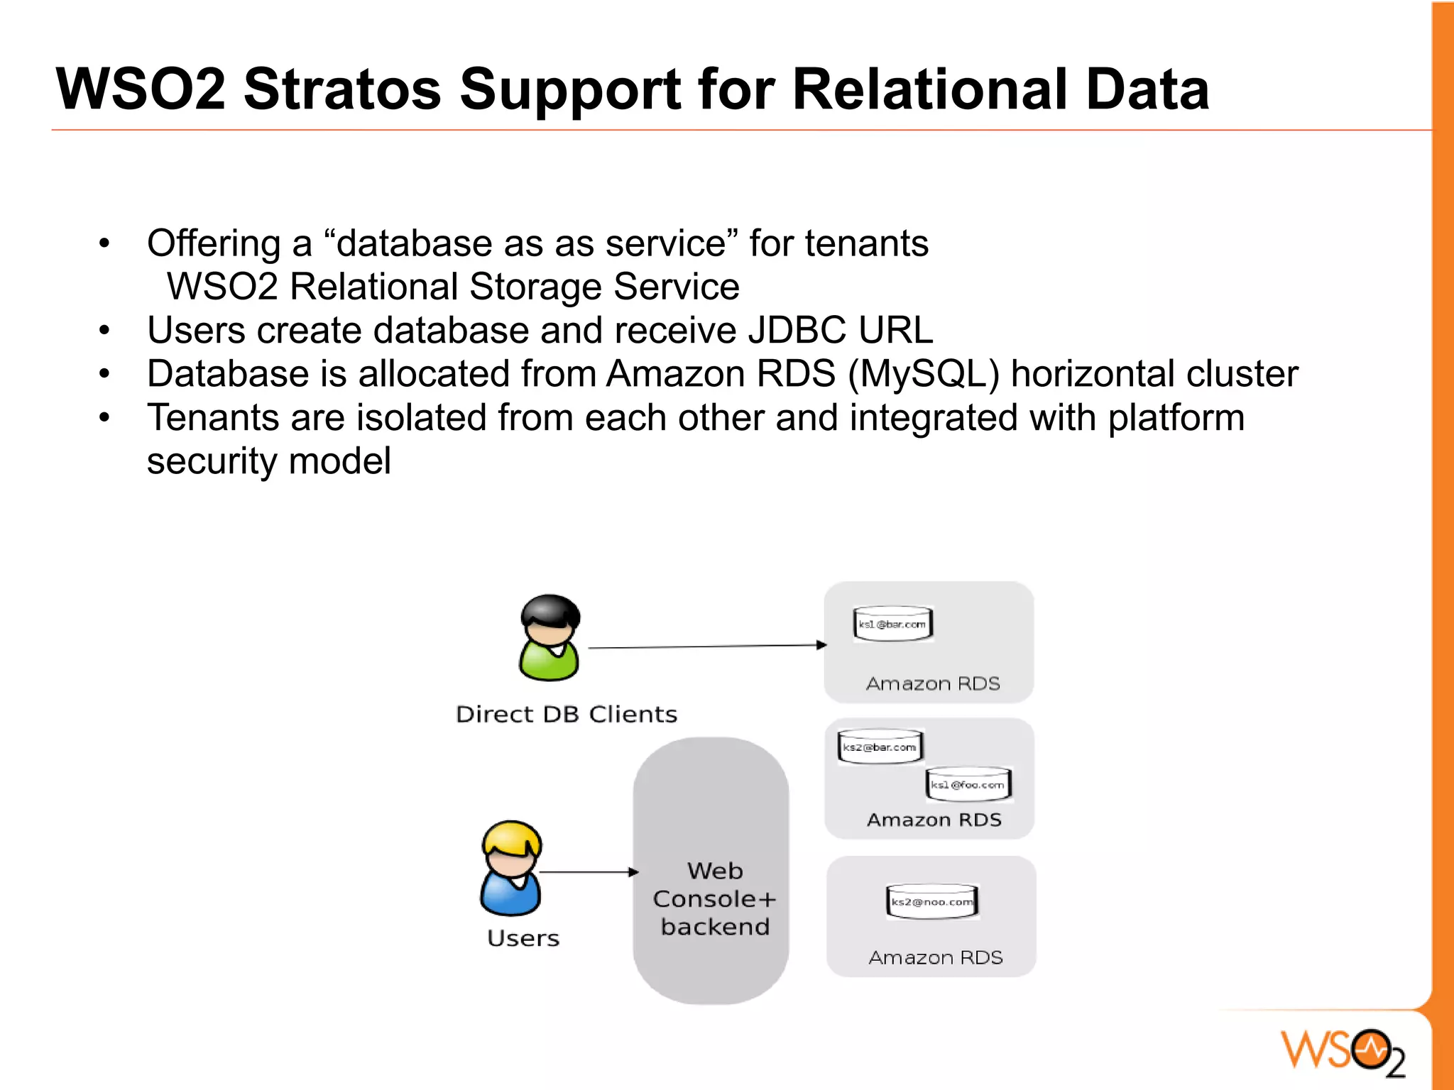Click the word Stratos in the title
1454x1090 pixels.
342,89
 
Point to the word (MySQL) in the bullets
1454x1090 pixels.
923,375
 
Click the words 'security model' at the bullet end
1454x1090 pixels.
268,461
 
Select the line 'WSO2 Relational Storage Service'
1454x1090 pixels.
453,287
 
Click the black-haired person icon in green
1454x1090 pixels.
550,637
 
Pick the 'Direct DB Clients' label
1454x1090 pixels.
567,714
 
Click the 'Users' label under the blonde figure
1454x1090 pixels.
523,938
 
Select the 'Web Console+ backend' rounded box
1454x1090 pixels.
711,870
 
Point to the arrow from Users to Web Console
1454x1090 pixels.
589,871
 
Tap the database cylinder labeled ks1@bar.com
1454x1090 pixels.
892,624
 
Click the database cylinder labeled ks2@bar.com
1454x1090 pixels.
880,747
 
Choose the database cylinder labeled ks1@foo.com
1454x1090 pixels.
968,784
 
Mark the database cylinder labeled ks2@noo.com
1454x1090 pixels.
932,901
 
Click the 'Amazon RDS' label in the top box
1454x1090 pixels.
933,683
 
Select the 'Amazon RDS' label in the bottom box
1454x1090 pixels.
936,957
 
